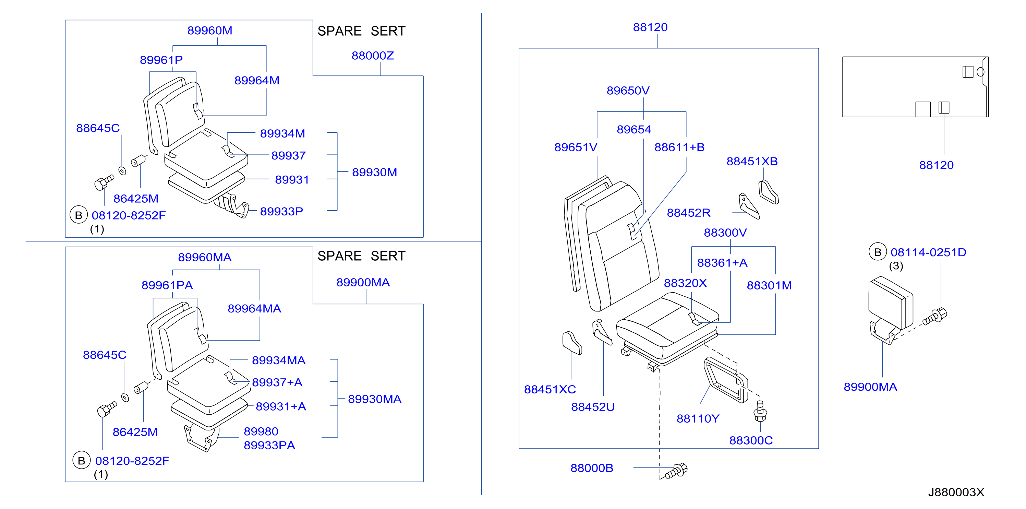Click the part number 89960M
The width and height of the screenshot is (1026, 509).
[x=209, y=31]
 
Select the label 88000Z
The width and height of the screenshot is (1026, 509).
[x=372, y=56]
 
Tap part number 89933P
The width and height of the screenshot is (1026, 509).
[x=281, y=211]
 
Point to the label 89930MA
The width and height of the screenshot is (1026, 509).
[x=374, y=399]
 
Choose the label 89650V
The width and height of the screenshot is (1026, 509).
[x=628, y=91]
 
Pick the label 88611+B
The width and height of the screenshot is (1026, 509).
[x=679, y=147]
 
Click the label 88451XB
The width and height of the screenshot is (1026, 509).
[x=751, y=162]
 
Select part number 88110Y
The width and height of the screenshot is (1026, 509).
[x=698, y=418]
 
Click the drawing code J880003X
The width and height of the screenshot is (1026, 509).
[x=956, y=492]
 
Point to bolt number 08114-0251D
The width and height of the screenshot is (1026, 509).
[x=928, y=252]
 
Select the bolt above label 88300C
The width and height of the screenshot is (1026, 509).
[x=760, y=411]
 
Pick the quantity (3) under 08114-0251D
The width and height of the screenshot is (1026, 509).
[x=896, y=266]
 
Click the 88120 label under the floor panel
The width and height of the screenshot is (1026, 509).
[x=936, y=165]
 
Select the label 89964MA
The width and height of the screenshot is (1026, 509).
[x=254, y=308]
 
